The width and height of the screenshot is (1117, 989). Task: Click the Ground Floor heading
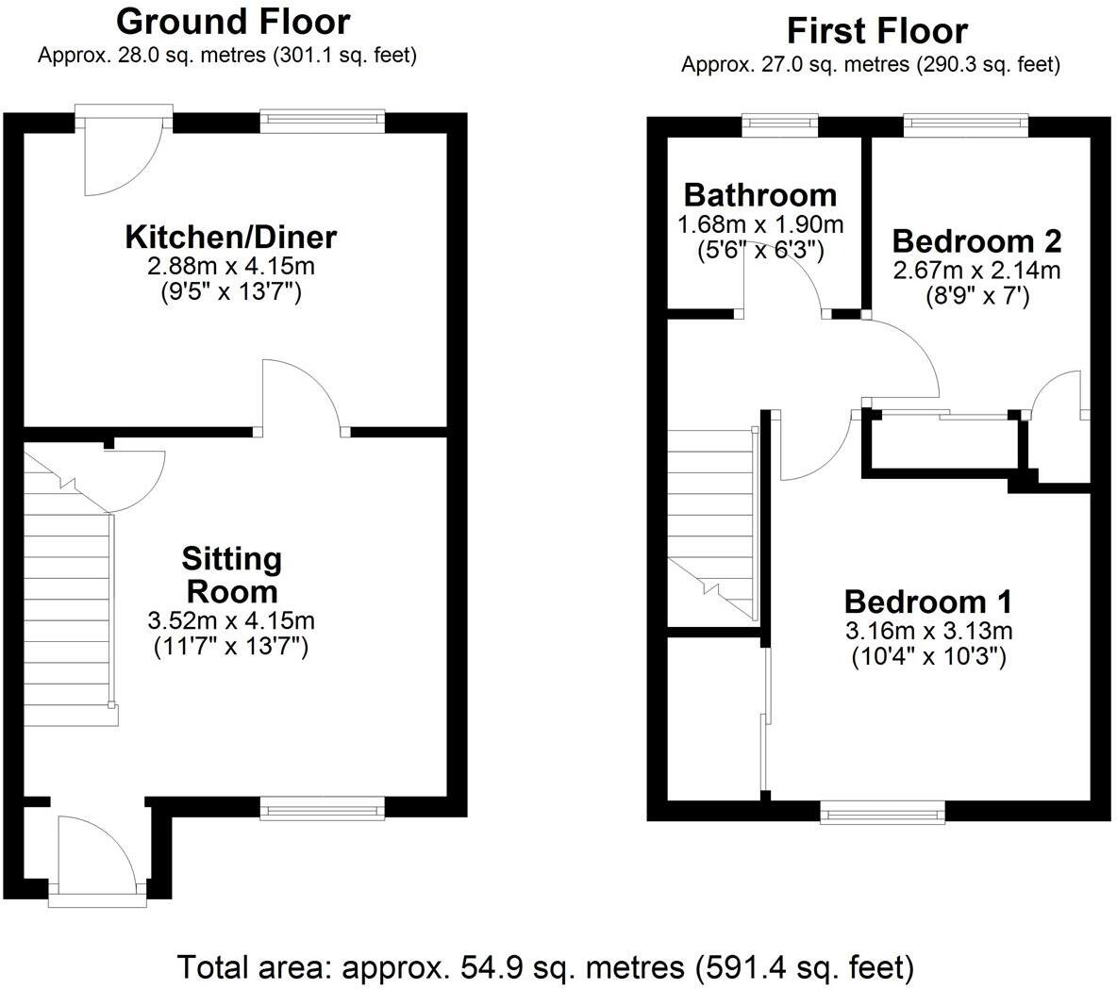point(233,21)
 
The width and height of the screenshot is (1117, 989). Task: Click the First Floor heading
point(876,31)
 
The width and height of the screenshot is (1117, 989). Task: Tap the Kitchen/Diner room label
point(231,237)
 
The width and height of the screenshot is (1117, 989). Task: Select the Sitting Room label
point(231,575)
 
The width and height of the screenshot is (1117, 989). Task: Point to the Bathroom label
point(759,195)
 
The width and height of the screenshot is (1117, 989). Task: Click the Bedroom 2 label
point(976,240)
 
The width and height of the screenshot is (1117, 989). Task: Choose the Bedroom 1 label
point(928,601)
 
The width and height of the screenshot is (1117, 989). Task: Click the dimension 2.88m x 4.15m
point(231,266)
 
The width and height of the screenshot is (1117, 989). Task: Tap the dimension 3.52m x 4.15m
point(231,621)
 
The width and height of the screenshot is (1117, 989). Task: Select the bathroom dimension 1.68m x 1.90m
point(759,225)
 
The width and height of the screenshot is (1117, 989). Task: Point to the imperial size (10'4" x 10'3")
point(928,656)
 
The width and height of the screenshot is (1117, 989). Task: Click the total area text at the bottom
point(546,967)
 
